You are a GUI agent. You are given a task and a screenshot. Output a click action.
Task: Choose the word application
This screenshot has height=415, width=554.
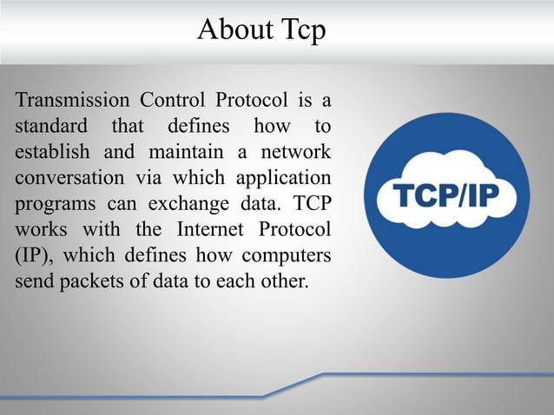pos(281,180)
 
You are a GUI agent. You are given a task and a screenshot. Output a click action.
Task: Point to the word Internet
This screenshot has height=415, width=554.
pos(209,232)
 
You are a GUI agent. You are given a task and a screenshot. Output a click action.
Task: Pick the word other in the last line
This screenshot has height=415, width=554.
pos(284,284)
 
